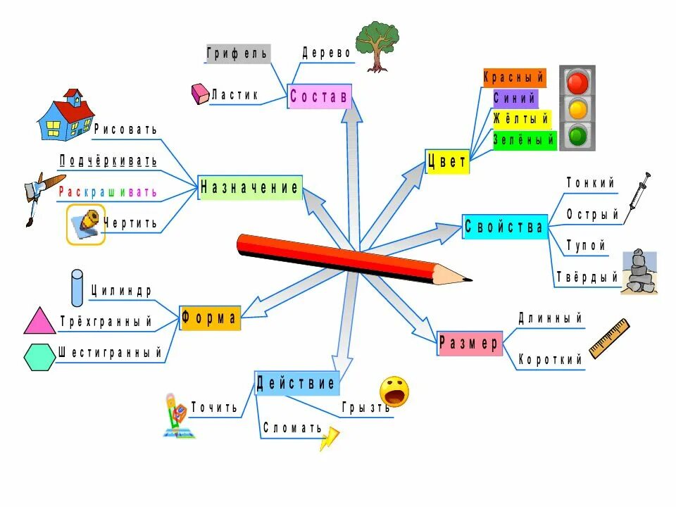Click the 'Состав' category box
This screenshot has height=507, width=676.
(320, 97)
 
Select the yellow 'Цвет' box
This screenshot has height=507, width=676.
(447, 162)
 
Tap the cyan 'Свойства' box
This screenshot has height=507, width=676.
(505, 227)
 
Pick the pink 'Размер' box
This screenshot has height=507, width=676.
(470, 343)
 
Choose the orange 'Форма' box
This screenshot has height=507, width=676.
(211, 318)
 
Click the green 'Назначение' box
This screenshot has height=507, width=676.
(250, 187)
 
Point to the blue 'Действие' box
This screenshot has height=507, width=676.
(296, 384)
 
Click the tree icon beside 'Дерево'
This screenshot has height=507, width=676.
(377, 45)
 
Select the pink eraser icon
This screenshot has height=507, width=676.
(200, 94)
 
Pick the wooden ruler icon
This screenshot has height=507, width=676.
(608, 338)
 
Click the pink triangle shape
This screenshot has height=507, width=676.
(39, 321)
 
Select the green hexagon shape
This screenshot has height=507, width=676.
(39, 357)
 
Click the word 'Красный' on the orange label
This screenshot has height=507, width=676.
(514, 77)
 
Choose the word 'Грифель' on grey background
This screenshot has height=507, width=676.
(237, 54)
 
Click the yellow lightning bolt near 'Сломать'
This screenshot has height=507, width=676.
(329, 439)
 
